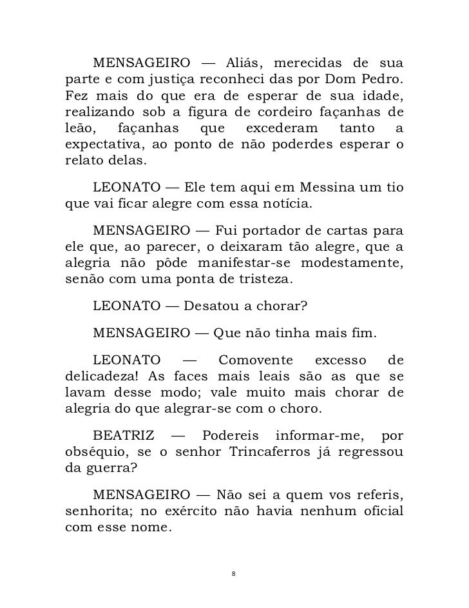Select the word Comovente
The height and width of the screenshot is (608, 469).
(x=256, y=359)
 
